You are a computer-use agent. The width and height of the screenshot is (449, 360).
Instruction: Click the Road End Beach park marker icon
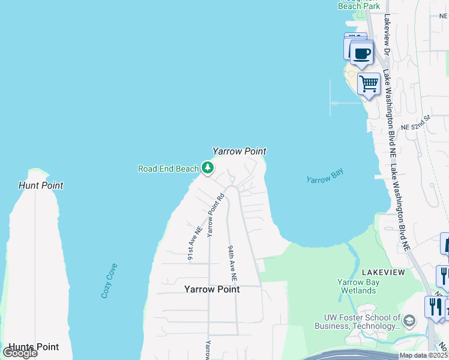coord(208,167)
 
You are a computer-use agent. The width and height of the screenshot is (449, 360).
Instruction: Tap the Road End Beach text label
coord(168,169)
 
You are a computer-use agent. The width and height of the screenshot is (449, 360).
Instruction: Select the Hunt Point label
coord(41,185)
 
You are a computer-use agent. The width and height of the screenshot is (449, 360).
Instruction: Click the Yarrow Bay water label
coord(324,179)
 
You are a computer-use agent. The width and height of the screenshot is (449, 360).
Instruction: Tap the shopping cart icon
coord(369,84)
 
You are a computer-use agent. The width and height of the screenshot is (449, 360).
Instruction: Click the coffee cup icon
coord(361,53)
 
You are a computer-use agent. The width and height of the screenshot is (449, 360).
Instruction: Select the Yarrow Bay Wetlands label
coord(357,286)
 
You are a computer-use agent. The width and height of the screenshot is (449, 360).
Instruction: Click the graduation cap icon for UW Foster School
coord(410,320)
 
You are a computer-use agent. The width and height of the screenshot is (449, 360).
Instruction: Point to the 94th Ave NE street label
coord(232,263)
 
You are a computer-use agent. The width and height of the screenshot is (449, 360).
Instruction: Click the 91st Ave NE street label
coord(194,244)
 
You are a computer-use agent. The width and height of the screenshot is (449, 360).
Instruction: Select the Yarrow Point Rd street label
coord(215,214)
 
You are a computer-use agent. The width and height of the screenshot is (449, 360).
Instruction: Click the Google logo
coord(20,352)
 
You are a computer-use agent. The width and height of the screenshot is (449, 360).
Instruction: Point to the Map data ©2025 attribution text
coord(423,355)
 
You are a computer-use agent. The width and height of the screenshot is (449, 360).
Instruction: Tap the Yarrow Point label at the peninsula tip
coord(240,152)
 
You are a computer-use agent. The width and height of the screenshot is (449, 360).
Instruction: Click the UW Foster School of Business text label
coord(358,322)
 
